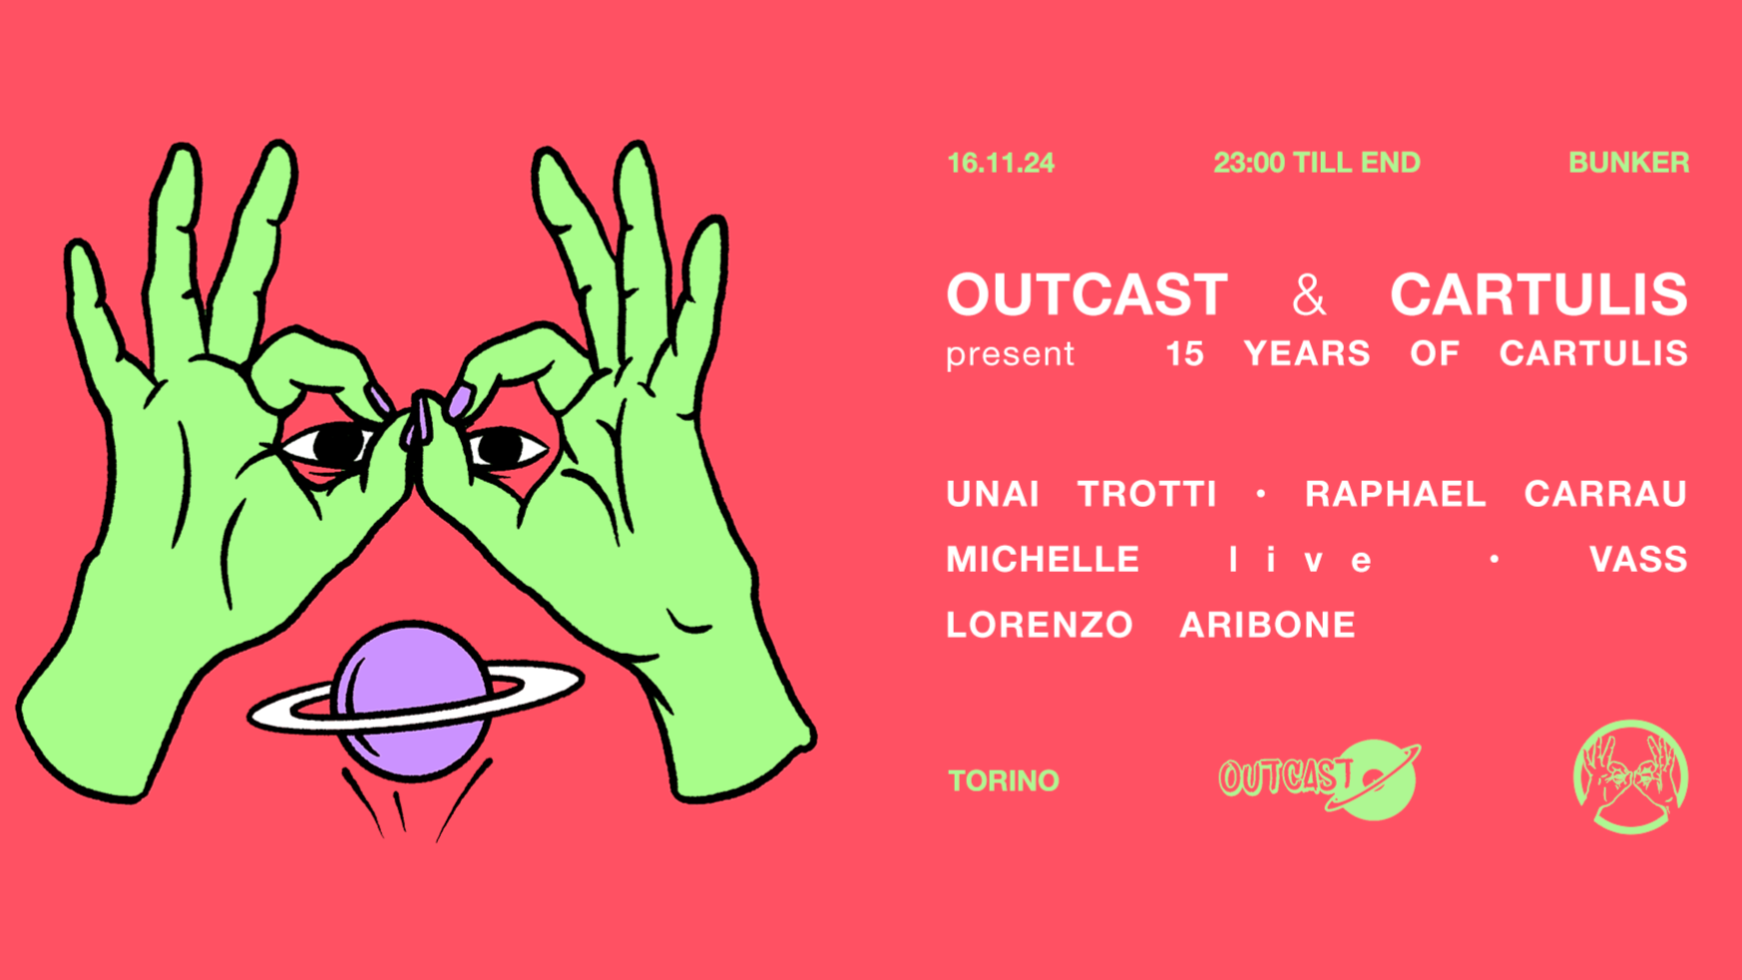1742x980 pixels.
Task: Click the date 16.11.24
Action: tap(1000, 163)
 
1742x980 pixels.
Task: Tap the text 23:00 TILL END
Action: tap(1316, 163)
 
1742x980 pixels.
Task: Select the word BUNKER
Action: tap(1628, 163)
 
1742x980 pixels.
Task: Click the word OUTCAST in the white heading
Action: tap(1087, 295)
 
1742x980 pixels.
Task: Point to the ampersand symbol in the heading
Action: tap(1308, 295)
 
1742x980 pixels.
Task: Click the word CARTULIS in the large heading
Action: tap(1538, 295)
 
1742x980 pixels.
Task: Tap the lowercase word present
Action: tap(1010, 354)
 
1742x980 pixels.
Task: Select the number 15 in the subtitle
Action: tap(1185, 354)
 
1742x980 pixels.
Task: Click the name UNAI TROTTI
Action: tap(1082, 494)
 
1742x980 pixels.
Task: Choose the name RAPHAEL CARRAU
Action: tap(1496, 494)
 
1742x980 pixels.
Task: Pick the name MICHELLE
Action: tap(1043, 560)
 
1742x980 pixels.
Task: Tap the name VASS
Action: tap(1637, 560)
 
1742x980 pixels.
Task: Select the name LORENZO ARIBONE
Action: tap(1150, 626)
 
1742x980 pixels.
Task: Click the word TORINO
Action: tap(1003, 780)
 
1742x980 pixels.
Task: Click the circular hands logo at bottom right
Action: tap(1630, 777)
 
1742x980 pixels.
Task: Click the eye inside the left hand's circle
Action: tap(331, 445)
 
